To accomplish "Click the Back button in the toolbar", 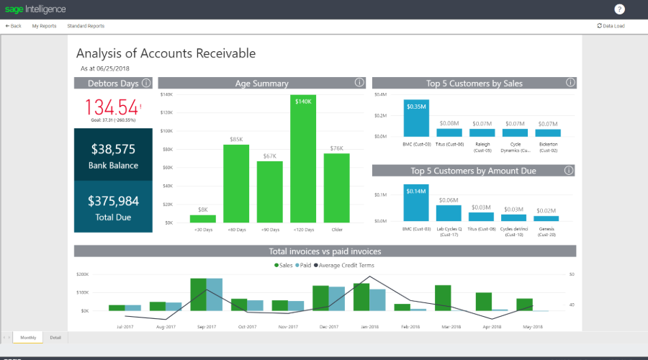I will pyautogui.click(x=14, y=26).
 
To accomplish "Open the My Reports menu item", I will pyautogui.click(x=44, y=26).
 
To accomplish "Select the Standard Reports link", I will pyautogui.click(x=86, y=26).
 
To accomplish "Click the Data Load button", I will pyautogui.click(x=611, y=26).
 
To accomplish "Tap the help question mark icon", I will pyautogui.click(x=620, y=9).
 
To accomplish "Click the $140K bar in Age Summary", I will pyautogui.click(x=303, y=158).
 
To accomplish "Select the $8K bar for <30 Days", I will pyautogui.click(x=203, y=219).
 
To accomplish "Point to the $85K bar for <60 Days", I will pyautogui.click(x=236, y=184).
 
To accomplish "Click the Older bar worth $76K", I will pyautogui.click(x=336, y=188).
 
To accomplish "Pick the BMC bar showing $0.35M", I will pyautogui.click(x=417, y=118).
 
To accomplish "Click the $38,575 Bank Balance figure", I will pyautogui.click(x=114, y=149).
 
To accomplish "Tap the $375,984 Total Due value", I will pyautogui.click(x=114, y=201).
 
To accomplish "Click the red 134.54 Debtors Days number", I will pyautogui.click(x=112, y=107).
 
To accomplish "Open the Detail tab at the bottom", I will pyautogui.click(x=55, y=337).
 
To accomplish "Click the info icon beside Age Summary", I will pyautogui.click(x=359, y=83).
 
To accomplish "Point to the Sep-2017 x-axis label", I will pyautogui.click(x=206, y=326).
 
